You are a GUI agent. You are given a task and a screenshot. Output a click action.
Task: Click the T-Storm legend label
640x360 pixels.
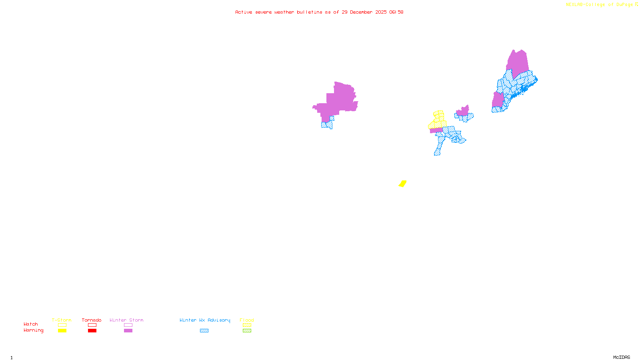coord(62,320)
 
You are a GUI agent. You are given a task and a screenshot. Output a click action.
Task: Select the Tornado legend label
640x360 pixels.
coord(92,320)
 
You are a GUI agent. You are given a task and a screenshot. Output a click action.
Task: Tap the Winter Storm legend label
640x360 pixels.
coord(126,320)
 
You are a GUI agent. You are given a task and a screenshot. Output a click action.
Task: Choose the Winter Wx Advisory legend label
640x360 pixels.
coord(205,320)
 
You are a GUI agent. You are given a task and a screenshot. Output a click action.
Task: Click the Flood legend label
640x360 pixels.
coord(247,320)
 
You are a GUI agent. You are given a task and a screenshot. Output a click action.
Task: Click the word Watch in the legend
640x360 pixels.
coord(31,324)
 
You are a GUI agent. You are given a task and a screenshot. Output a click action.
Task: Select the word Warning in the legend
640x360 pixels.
coord(34,330)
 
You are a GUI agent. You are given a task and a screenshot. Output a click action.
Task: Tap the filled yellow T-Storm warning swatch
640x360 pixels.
coord(62,331)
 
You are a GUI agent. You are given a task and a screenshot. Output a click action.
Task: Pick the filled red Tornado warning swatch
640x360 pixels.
coord(92,331)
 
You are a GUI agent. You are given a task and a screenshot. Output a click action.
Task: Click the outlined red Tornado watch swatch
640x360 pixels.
coord(92,325)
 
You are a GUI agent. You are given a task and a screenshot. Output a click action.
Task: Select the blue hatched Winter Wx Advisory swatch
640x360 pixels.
coord(204,331)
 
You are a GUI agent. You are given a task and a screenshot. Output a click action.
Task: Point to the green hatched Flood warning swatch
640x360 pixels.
coord(247,331)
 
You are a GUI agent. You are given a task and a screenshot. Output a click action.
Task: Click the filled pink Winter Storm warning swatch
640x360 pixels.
coord(128,331)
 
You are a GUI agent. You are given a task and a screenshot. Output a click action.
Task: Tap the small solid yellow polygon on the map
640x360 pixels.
coord(402,184)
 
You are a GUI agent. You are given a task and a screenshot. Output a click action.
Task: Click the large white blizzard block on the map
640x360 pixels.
coord(314,117)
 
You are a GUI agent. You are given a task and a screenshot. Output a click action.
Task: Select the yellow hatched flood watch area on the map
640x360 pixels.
coord(438,120)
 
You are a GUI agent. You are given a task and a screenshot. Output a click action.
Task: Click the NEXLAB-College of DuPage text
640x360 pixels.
coord(600,5)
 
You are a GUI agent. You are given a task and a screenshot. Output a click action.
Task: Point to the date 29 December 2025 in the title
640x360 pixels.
coord(364,12)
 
